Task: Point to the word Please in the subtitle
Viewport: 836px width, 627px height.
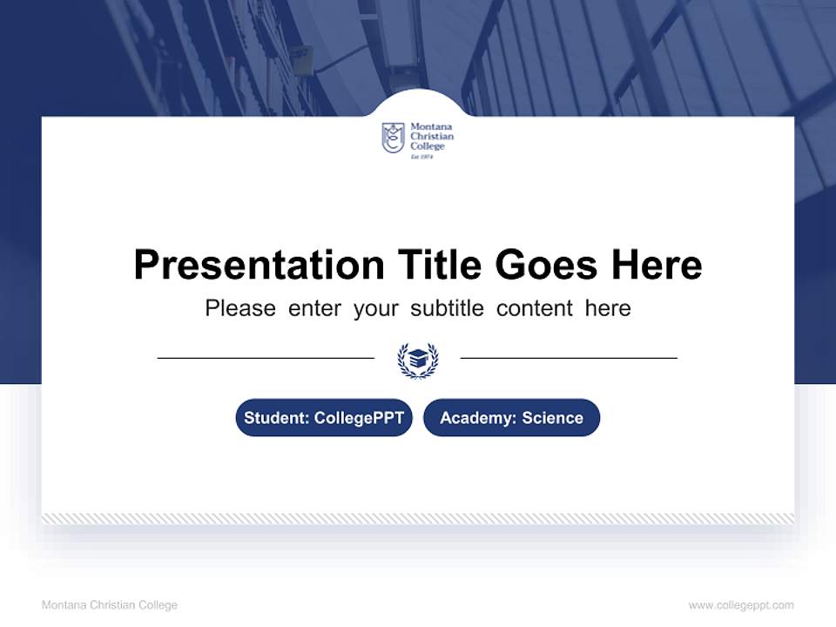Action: point(240,308)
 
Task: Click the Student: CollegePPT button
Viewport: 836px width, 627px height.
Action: point(324,418)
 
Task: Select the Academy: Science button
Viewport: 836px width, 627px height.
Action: point(511,418)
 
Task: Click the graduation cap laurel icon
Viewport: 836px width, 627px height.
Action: point(418,359)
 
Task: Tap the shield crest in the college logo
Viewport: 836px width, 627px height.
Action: point(394,138)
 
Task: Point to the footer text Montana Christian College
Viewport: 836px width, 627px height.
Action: point(110,605)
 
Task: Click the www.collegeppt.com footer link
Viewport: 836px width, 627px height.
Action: point(741,605)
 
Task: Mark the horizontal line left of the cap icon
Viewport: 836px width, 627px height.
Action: point(266,358)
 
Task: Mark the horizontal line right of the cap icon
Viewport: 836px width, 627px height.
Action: point(569,358)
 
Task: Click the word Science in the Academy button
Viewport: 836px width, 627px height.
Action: point(552,418)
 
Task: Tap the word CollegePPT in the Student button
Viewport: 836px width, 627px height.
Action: point(359,418)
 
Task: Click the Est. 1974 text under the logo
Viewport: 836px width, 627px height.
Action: point(421,157)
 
